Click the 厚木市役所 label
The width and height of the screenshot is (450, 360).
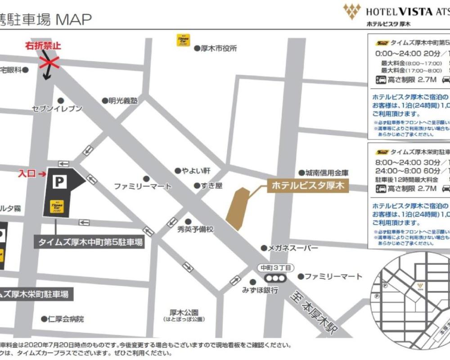pyautogui.click(x=218, y=48)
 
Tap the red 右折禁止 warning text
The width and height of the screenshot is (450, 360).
pyautogui.click(x=43, y=45)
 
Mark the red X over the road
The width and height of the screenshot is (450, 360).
pyautogui.click(x=49, y=62)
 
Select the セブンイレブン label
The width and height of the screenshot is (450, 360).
pyautogui.click(x=57, y=108)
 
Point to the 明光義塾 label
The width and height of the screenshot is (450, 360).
pyautogui.click(x=122, y=101)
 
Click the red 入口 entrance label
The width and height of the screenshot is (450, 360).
pyautogui.click(x=27, y=173)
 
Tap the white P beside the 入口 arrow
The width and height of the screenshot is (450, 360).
pyautogui.click(x=59, y=182)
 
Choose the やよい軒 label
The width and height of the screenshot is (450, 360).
pyautogui.click(x=195, y=171)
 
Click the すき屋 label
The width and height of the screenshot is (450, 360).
pyautogui.click(x=211, y=185)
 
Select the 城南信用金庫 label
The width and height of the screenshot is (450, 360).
pyautogui.click(x=327, y=173)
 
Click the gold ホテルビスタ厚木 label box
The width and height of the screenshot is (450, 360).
pyautogui.click(x=308, y=185)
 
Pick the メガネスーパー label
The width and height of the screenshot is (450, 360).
pyautogui.click(x=293, y=248)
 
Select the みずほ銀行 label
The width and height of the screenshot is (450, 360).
pyautogui.click(x=260, y=290)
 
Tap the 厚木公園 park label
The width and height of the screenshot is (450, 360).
pyautogui.click(x=184, y=312)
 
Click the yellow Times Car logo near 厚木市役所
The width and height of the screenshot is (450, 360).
pyautogui.click(x=183, y=40)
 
